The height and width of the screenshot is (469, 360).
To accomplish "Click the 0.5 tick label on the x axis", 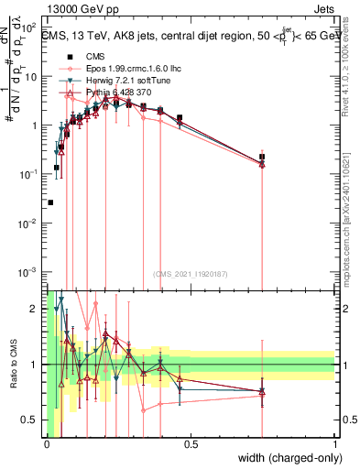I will click(x=191, y=445).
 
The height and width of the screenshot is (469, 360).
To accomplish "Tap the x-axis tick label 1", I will click(x=335, y=445).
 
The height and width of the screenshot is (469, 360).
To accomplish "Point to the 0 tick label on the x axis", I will click(x=46, y=445).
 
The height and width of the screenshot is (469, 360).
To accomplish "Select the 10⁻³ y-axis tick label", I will click(x=29, y=272).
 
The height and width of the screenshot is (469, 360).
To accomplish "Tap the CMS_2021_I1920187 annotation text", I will click(x=190, y=274).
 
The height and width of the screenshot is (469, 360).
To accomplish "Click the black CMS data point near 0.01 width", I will click(x=50, y=202).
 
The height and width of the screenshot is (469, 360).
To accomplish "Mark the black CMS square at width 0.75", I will click(x=262, y=157).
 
